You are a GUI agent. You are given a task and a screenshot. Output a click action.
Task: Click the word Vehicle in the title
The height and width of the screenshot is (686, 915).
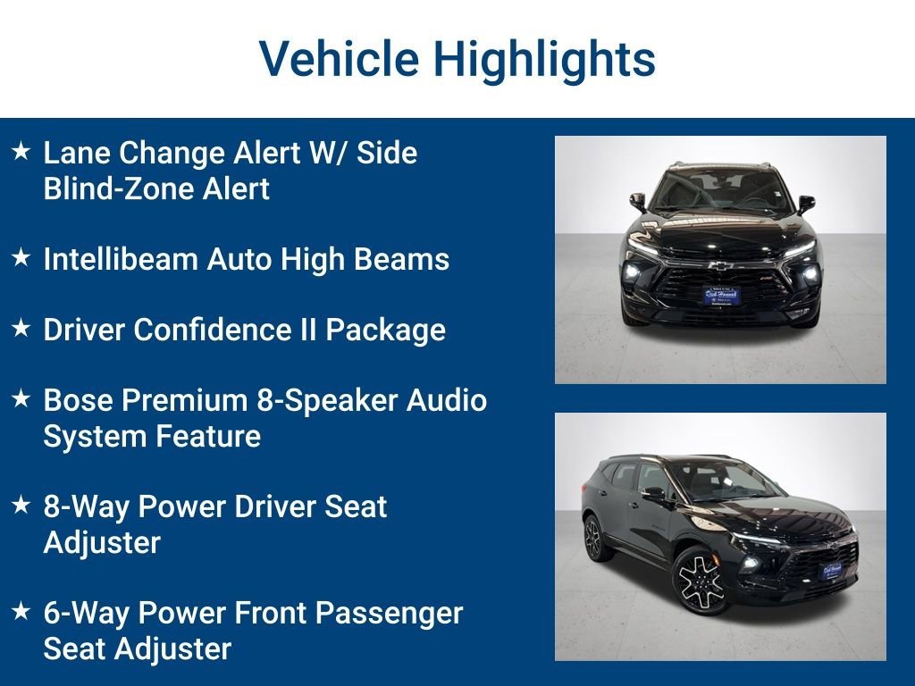click(x=339, y=60)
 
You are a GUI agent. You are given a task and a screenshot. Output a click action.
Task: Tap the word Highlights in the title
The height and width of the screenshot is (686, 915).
click(x=544, y=60)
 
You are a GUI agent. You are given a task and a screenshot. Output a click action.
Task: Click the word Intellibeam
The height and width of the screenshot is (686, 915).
click(x=122, y=259)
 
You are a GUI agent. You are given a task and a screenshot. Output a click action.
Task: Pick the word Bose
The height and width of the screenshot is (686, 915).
click(x=79, y=400)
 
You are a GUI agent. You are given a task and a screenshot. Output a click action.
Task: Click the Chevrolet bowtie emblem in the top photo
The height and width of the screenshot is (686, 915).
click(x=721, y=265)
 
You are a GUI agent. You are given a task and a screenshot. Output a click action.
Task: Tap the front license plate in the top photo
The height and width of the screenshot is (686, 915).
click(x=720, y=295)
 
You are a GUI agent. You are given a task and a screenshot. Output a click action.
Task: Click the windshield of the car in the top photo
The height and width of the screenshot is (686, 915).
click(x=720, y=190)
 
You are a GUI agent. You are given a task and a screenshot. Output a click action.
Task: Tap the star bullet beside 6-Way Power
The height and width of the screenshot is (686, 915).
click(x=21, y=613)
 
